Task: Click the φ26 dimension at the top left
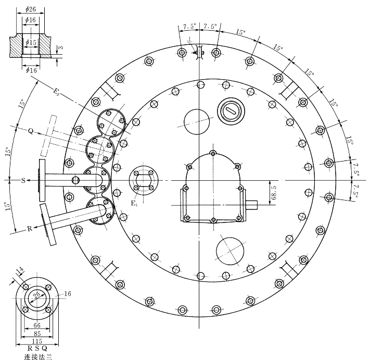click(x=30, y=9)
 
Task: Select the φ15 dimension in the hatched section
click(x=31, y=43)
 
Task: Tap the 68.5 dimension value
click(x=274, y=193)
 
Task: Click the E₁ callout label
click(x=134, y=203)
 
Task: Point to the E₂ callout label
click(x=56, y=92)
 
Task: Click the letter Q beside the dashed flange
click(x=31, y=131)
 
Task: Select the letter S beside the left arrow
click(x=23, y=181)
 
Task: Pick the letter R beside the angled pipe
click(x=30, y=229)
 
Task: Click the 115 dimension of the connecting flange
click(x=37, y=341)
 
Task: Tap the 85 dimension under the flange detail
click(x=37, y=333)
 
